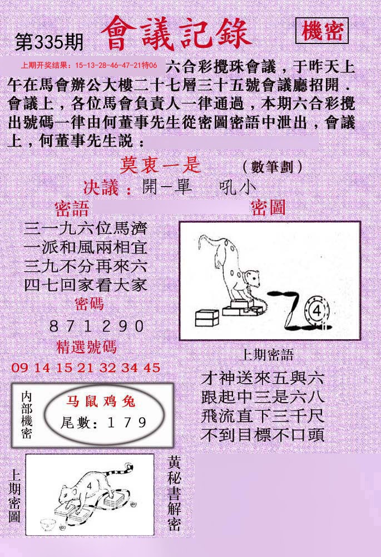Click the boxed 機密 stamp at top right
pyautogui.click(x=321, y=31)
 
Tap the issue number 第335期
pyautogui.click(x=49, y=42)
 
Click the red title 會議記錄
pyautogui.click(x=176, y=34)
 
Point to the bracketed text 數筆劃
pyautogui.click(x=273, y=166)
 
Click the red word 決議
pyautogui.click(x=101, y=187)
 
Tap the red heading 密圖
pyautogui.click(x=268, y=208)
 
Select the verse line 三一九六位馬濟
pyautogui.click(x=85, y=229)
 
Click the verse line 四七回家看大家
pyautogui.click(x=86, y=285)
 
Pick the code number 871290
pyautogui.click(x=96, y=326)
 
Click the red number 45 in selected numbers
pyautogui.click(x=152, y=368)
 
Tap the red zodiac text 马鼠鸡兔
pyautogui.click(x=100, y=401)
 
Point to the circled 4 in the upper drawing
pyautogui.click(x=317, y=311)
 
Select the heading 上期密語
pyautogui.click(x=266, y=355)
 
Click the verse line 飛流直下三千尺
pyautogui.click(x=263, y=416)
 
